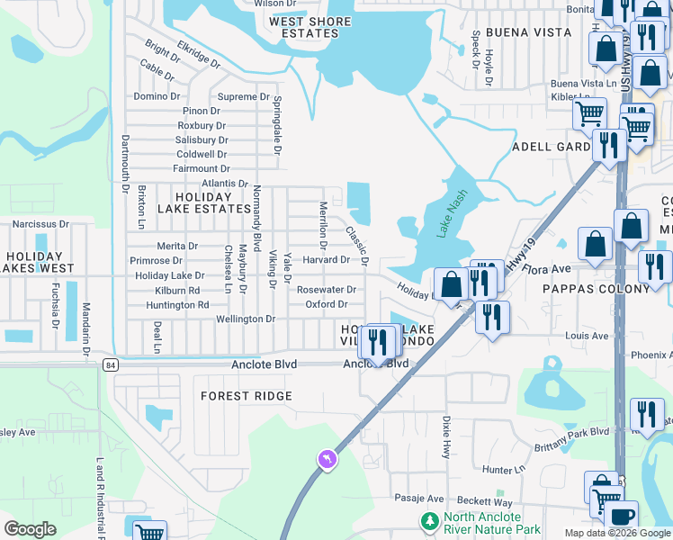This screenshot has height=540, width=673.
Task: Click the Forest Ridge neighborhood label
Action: click(x=246, y=396)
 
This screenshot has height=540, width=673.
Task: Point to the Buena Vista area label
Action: click(x=528, y=32)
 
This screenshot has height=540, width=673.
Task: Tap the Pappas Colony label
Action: click(x=596, y=290)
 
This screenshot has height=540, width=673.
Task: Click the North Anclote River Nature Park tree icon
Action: click(x=430, y=521)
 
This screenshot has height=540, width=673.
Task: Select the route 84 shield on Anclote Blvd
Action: click(x=110, y=364)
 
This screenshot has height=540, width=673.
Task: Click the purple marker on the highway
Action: click(x=326, y=460)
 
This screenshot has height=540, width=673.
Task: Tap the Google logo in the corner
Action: click(x=31, y=529)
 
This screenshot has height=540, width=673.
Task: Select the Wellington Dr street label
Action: click(x=246, y=319)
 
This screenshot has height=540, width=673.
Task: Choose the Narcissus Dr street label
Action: click(x=40, y=224)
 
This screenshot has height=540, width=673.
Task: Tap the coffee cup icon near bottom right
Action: click(x=620, y=517)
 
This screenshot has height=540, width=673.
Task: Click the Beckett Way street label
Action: click(x=490, y=502)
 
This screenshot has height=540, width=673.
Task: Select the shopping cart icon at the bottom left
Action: click(x=148, y=531)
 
